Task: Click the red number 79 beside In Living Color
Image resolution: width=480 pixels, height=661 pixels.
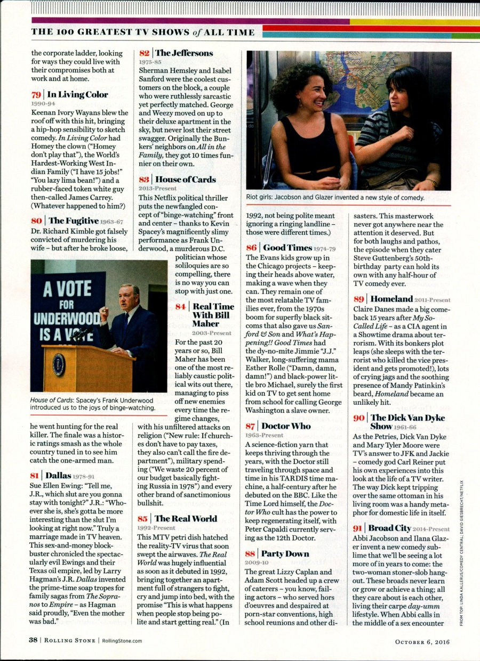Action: [x=36, y=95]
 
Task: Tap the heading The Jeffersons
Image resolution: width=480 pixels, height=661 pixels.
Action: [x=183, y=53]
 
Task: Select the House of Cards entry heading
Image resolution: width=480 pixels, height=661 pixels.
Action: [x=185, y=179]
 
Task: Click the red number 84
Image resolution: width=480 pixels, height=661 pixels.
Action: [x=180, y=307]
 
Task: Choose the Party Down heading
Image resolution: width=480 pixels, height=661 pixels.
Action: [x=285, y=553]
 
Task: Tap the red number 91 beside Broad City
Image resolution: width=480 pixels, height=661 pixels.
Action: [x=358, y=528]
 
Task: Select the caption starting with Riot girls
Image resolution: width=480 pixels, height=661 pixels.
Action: [x=335, y=198]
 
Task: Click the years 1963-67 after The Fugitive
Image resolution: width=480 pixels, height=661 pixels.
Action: [x=112, y=222]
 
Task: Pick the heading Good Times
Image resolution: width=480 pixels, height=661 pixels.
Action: [x=287, y=248]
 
